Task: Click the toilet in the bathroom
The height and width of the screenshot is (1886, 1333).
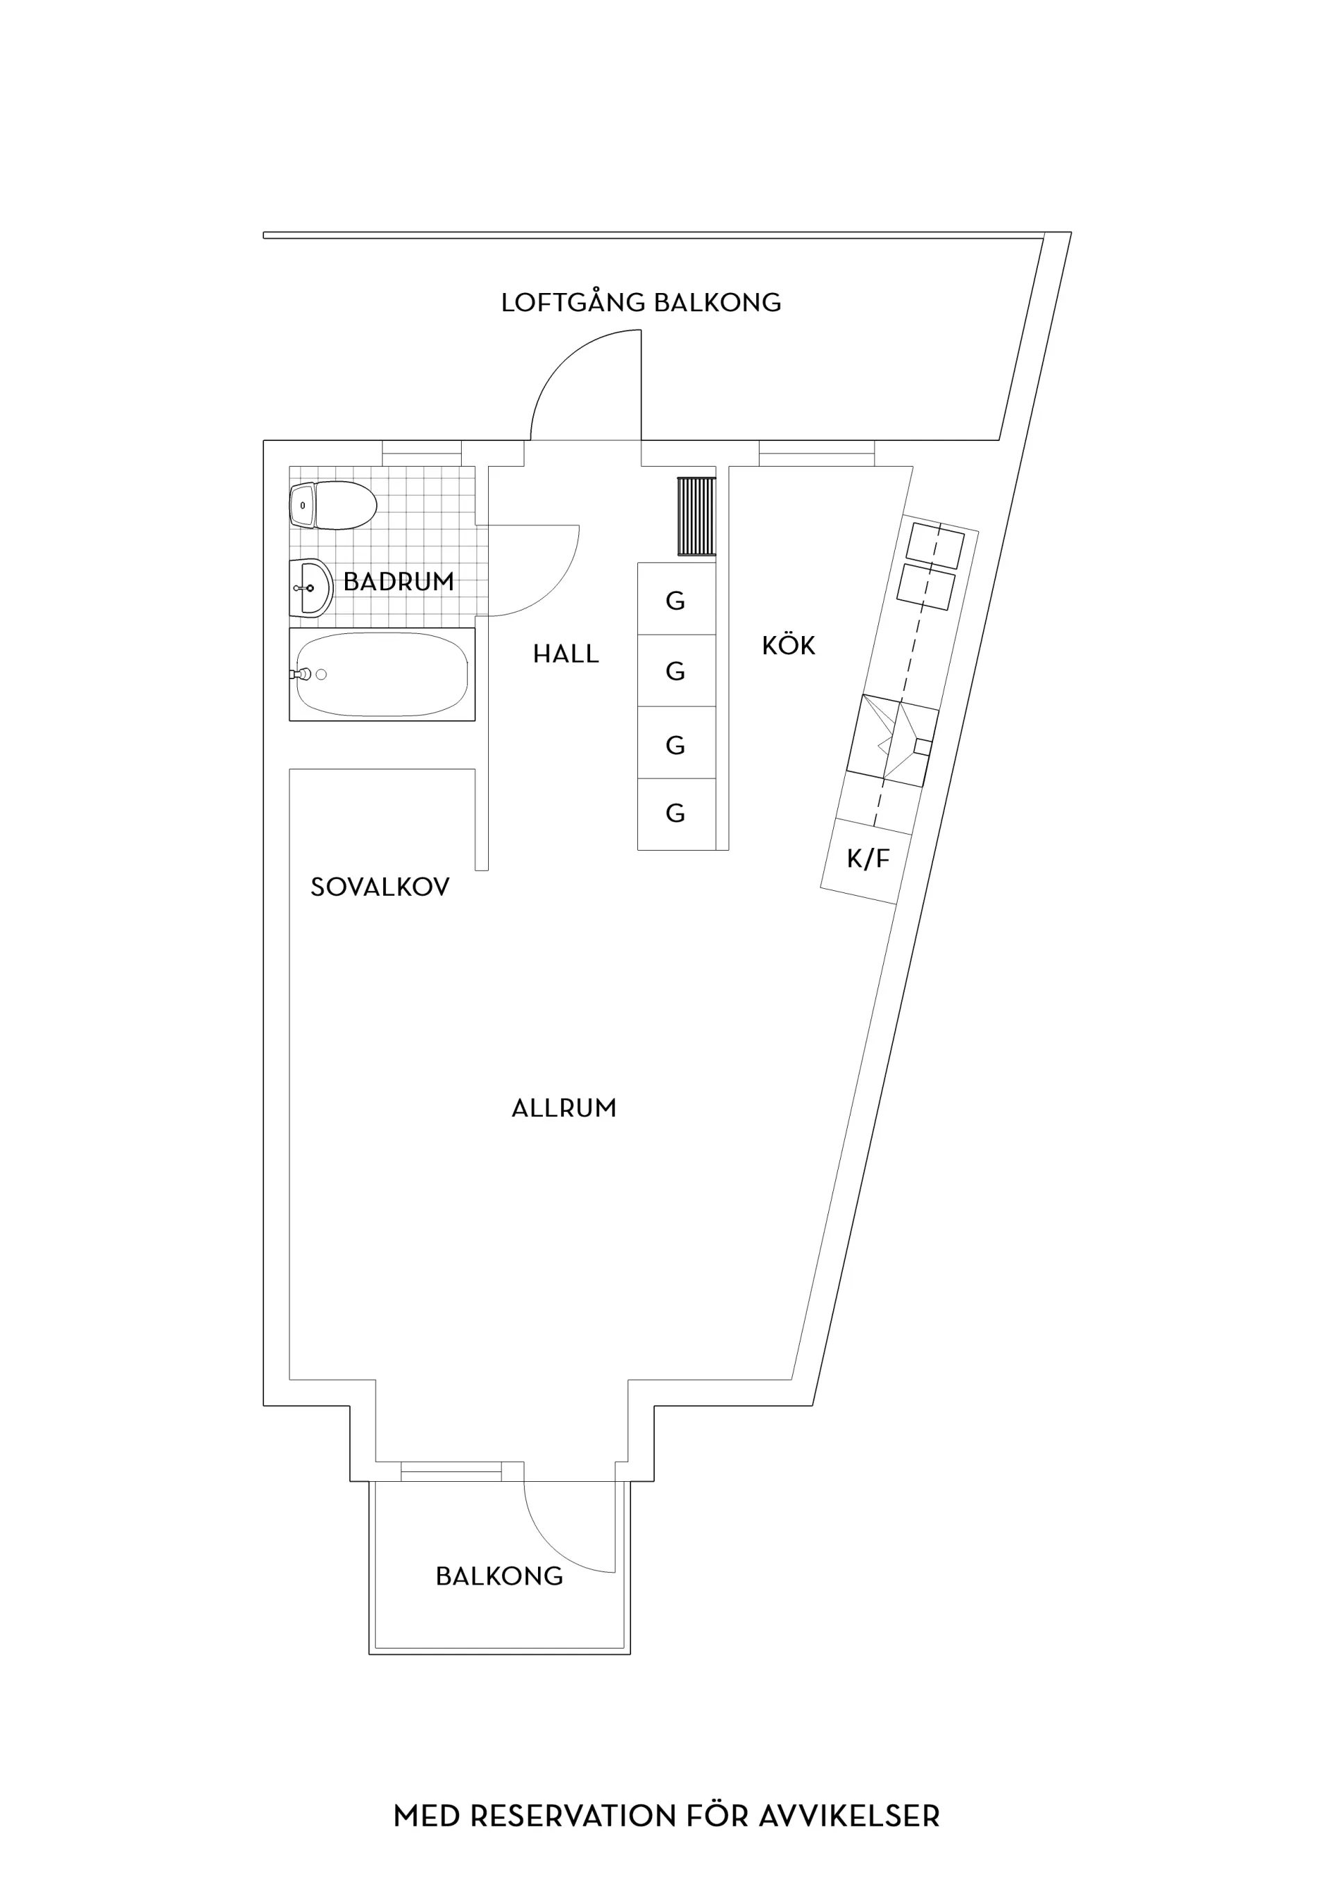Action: (333, 506)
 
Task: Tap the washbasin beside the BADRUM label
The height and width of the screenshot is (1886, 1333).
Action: (311, 588)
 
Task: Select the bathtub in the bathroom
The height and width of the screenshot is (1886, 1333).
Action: (382, 674)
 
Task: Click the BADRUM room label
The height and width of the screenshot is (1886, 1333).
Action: (399, 582)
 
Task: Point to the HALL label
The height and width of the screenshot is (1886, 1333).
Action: (566, 654)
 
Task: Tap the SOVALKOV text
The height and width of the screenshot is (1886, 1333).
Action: (380, 887)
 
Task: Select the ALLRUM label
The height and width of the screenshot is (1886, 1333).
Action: (564, 1108)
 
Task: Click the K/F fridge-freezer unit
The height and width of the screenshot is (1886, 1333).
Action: (866, 861)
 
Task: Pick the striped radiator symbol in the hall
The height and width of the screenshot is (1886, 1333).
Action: (696, 516)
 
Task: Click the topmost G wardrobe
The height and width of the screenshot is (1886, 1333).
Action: (677, 599)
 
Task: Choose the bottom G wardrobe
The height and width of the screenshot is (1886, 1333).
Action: (677, 814)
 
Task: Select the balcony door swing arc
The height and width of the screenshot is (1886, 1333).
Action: (548, 1548)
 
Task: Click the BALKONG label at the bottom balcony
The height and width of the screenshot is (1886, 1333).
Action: (499, 1576)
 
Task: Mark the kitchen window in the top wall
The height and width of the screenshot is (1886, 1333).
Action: (816, 453)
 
